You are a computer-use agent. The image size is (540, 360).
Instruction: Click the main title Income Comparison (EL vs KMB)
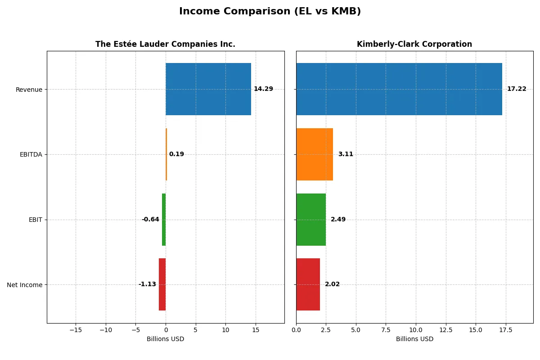coord(270,11)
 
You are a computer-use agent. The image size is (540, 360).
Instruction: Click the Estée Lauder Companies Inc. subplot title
coord(165,44)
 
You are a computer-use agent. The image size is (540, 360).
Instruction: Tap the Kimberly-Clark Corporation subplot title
coord(414,44)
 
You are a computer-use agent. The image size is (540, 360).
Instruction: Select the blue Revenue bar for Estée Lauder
coord(208,89)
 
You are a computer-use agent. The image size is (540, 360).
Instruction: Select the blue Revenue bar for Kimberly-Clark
coord(399,89)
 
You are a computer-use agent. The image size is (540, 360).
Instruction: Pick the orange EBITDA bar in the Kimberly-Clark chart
coord(315,154)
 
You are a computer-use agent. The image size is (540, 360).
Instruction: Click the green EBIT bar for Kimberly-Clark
coord(311,220)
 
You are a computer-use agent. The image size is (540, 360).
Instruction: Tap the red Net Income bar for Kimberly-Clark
coord(308,284)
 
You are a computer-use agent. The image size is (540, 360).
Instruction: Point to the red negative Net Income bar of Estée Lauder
coord(162,284)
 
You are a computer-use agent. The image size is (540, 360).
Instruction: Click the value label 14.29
coord(263,89)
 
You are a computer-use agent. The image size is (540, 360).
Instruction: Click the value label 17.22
coord(517,89)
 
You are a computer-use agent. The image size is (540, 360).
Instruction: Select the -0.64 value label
coord(150,220)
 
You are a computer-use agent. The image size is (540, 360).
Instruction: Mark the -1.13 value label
coord(147,284)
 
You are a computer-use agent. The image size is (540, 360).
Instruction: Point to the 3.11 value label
coord(346,154)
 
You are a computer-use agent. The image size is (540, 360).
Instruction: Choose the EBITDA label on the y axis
coord(31,154)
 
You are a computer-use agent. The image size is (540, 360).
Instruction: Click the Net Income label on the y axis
coord(25,285)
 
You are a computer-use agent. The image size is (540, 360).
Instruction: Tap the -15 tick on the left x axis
coord(76,330)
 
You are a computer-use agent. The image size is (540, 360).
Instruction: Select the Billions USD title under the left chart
coord(165,339)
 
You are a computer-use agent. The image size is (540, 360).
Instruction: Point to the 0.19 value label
coord(176,154)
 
